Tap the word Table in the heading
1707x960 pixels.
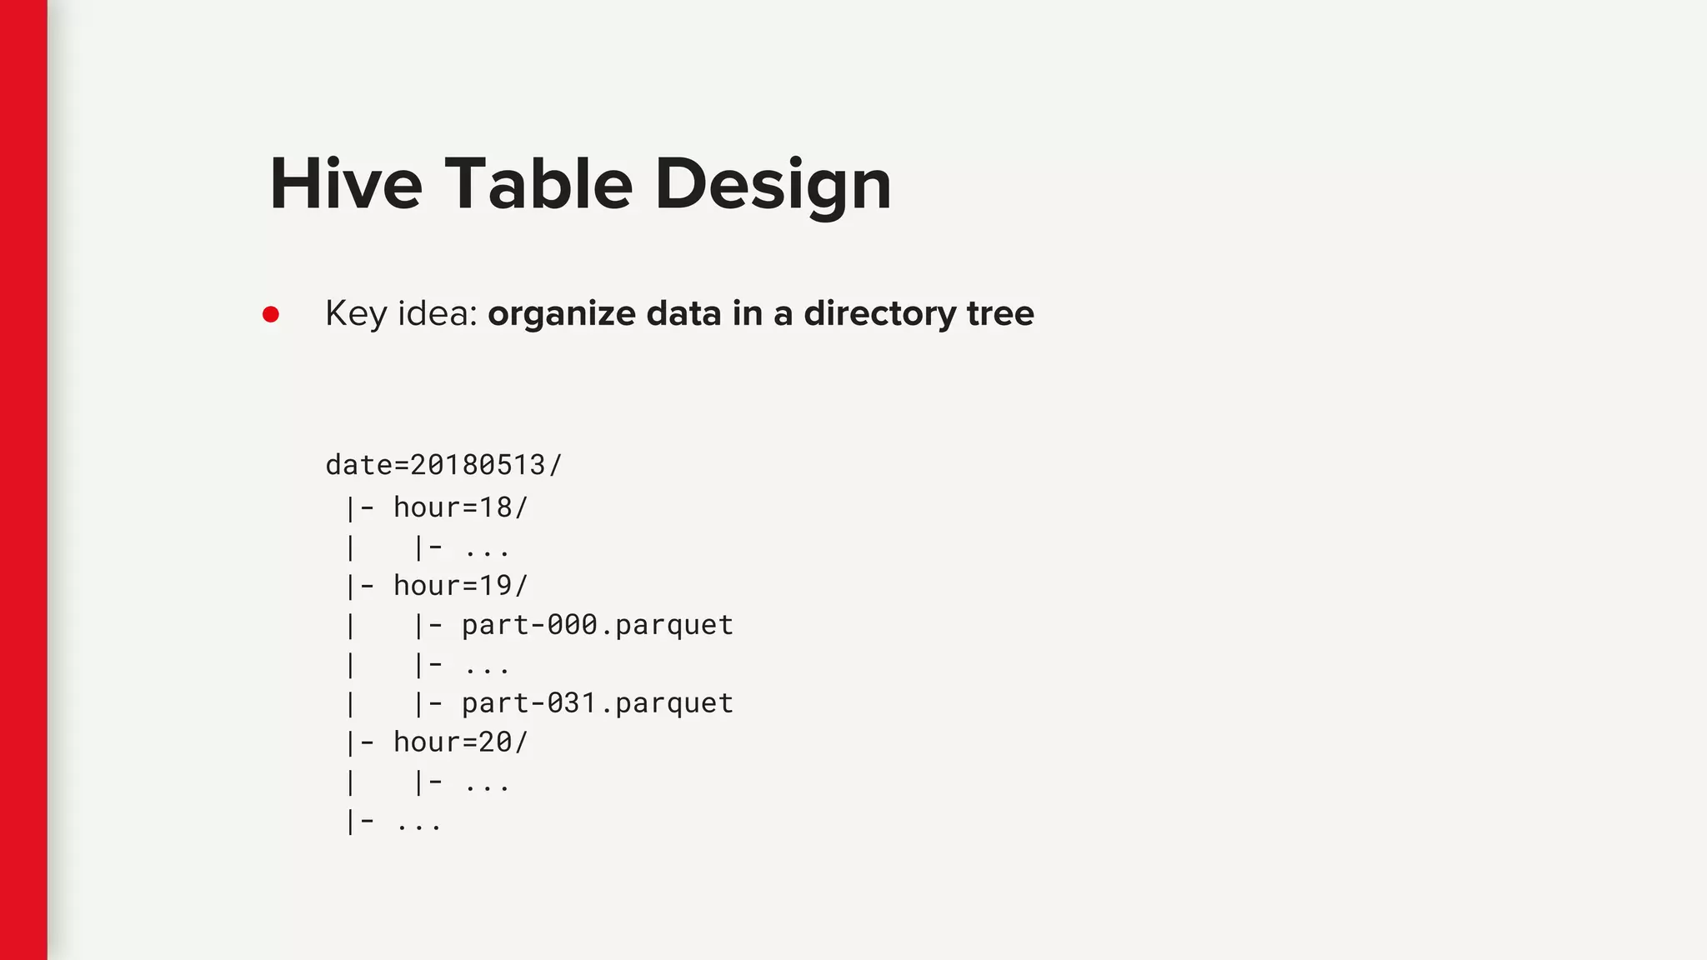538,184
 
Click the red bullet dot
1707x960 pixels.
271,314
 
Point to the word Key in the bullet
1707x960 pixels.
355,314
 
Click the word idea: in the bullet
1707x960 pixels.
437,313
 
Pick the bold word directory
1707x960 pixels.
879,314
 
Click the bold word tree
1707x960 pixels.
1000,313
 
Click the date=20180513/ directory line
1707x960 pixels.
444,465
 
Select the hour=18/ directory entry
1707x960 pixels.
461,507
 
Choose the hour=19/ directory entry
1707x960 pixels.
461,586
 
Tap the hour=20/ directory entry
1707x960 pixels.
461,742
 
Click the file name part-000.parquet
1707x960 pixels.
598,625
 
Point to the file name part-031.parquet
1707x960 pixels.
598,703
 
